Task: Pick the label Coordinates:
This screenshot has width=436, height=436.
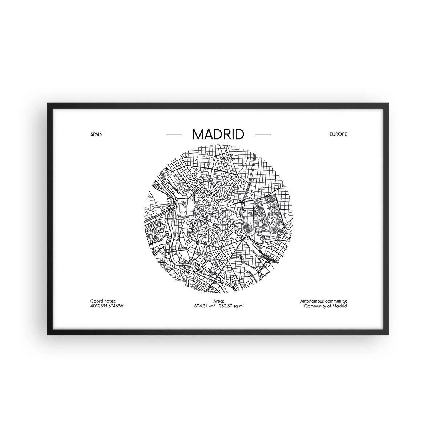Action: coord(103,301)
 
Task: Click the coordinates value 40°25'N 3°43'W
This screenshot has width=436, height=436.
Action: coord(108,306)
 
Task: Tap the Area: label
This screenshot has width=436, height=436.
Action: coord(218,301)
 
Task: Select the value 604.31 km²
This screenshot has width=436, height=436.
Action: coord(205,306)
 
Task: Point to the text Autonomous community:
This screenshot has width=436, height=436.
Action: coord(323,301)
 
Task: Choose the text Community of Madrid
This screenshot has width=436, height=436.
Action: coord(325,306)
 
